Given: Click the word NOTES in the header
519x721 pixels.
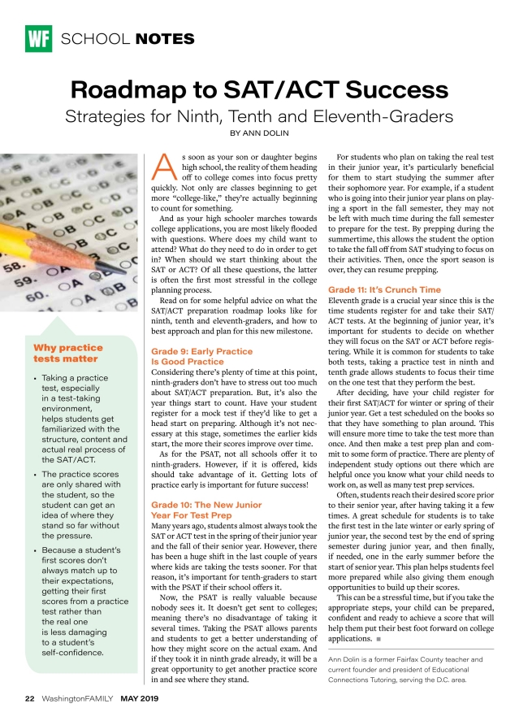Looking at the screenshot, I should pyautogui.click(x=166, y=39).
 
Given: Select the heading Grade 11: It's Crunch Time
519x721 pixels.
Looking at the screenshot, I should pyautogui.click(x=384, y=289).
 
